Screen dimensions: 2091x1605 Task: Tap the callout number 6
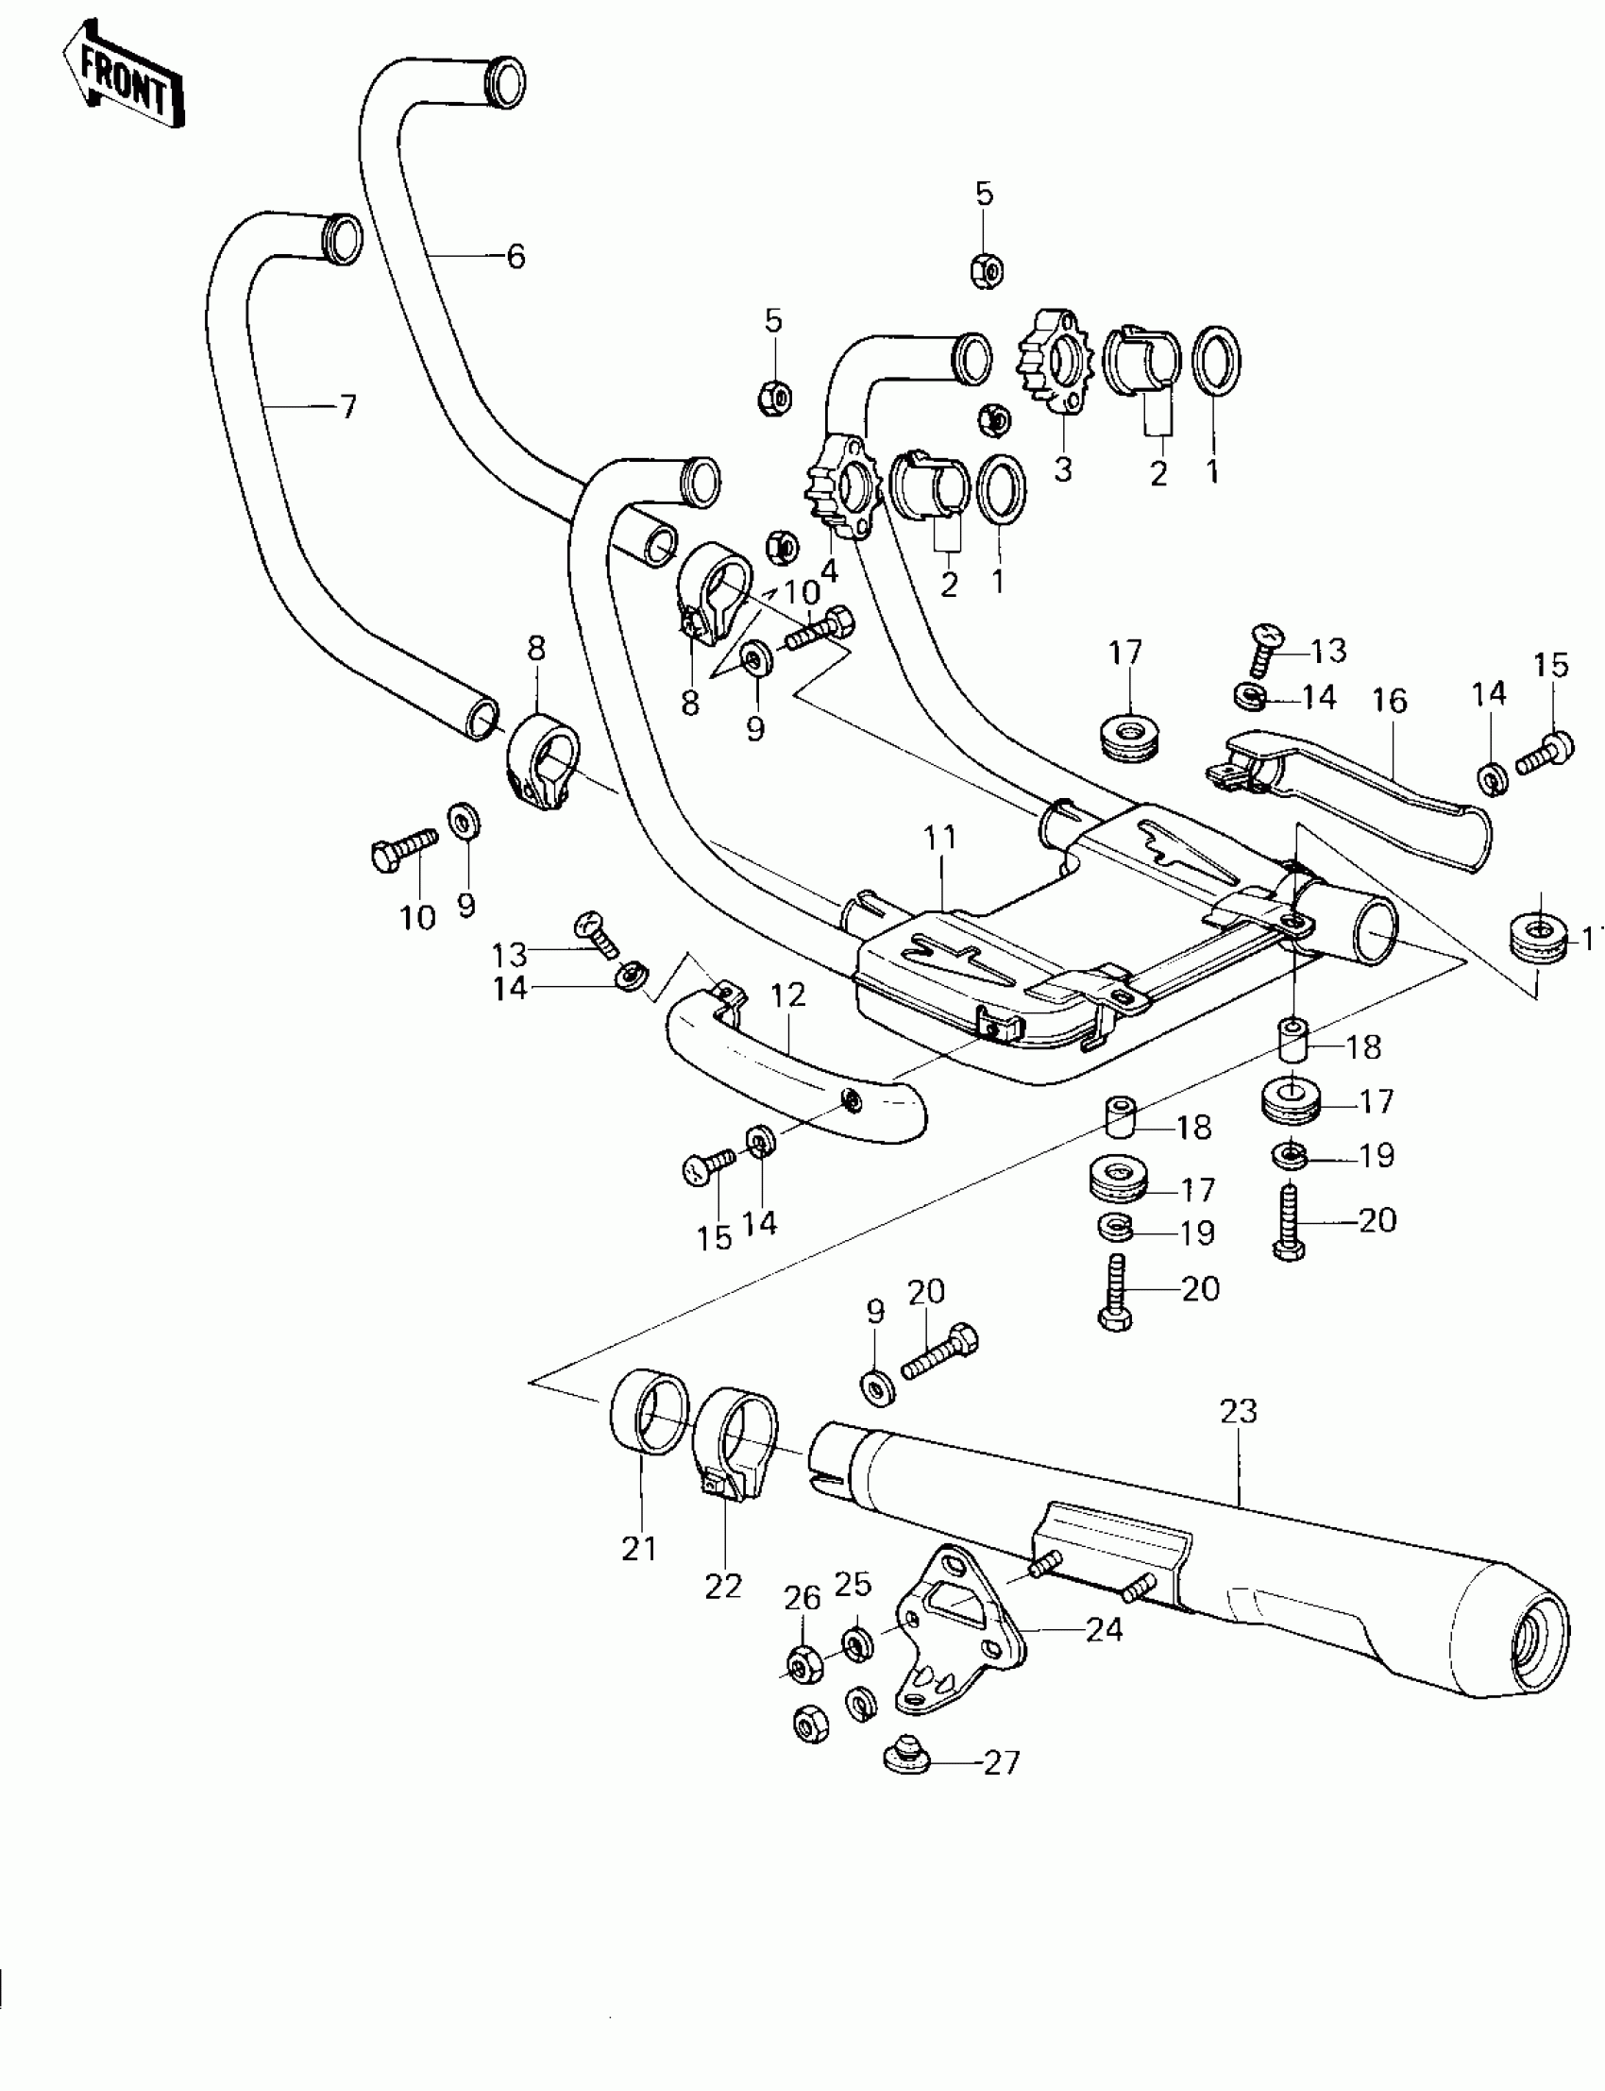click(x=515, y=256)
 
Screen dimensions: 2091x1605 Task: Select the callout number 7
click(x=347, y=408)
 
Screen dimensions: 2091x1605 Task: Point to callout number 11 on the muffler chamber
click(x=940, y=838)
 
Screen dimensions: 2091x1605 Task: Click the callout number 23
click(x=1239, y=1412)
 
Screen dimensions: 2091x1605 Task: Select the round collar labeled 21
click(x=649, y=1416)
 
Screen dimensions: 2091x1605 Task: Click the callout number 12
click(x=788, y=995)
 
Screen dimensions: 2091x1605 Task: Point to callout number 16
click(x=1390, y=701)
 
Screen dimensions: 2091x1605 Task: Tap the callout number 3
click(x=1063, y=469)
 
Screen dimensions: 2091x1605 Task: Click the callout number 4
click(x=829, y=571)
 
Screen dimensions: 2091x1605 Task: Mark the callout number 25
click(x=853, y=1585)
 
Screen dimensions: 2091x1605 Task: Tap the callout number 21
click(x=639, y=1550)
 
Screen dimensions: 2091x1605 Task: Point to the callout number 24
click(x=1105, y=1629)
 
